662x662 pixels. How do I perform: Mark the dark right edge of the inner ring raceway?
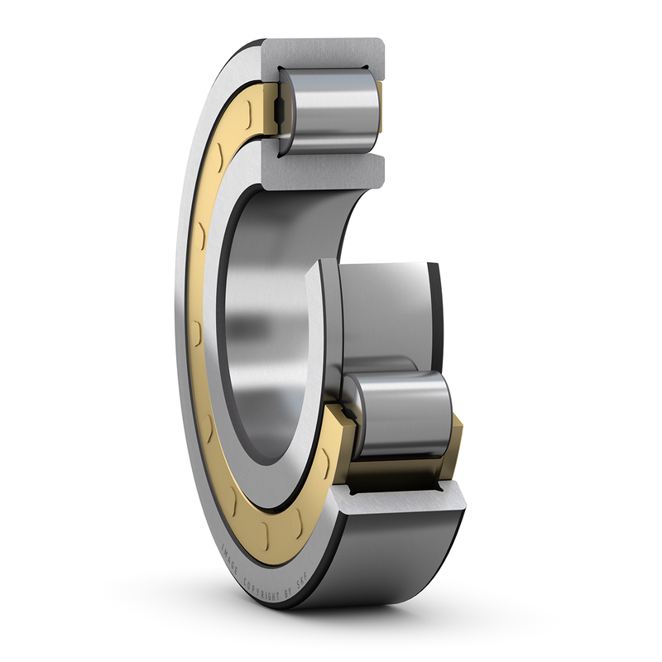[435, 323]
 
